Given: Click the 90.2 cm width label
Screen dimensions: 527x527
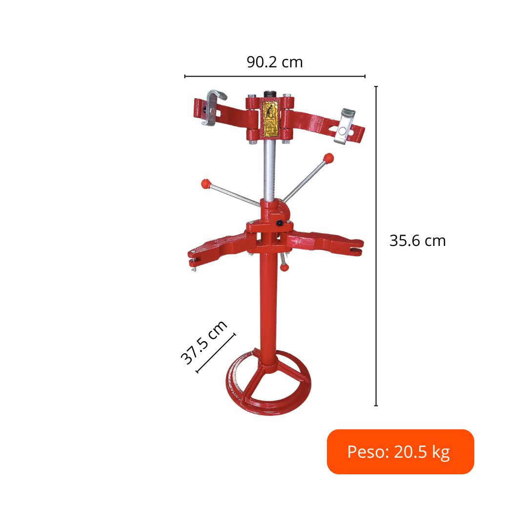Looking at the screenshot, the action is tap(275, 62).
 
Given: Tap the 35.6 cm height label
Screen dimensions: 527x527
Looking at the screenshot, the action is tap(417, 241).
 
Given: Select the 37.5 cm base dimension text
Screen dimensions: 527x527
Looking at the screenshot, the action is tap(204, 343).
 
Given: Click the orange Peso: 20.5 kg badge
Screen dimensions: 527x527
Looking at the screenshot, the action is tap(400, 451).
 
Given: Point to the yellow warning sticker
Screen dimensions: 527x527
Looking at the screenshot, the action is tap(271, 119).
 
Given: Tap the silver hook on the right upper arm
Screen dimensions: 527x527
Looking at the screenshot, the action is tap(345, 126).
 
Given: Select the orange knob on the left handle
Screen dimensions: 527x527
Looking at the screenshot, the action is tap(206, 184).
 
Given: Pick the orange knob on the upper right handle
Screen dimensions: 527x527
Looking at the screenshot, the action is tap(328, 158).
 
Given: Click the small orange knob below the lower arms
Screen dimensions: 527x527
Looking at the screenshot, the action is tap(284, 267).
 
